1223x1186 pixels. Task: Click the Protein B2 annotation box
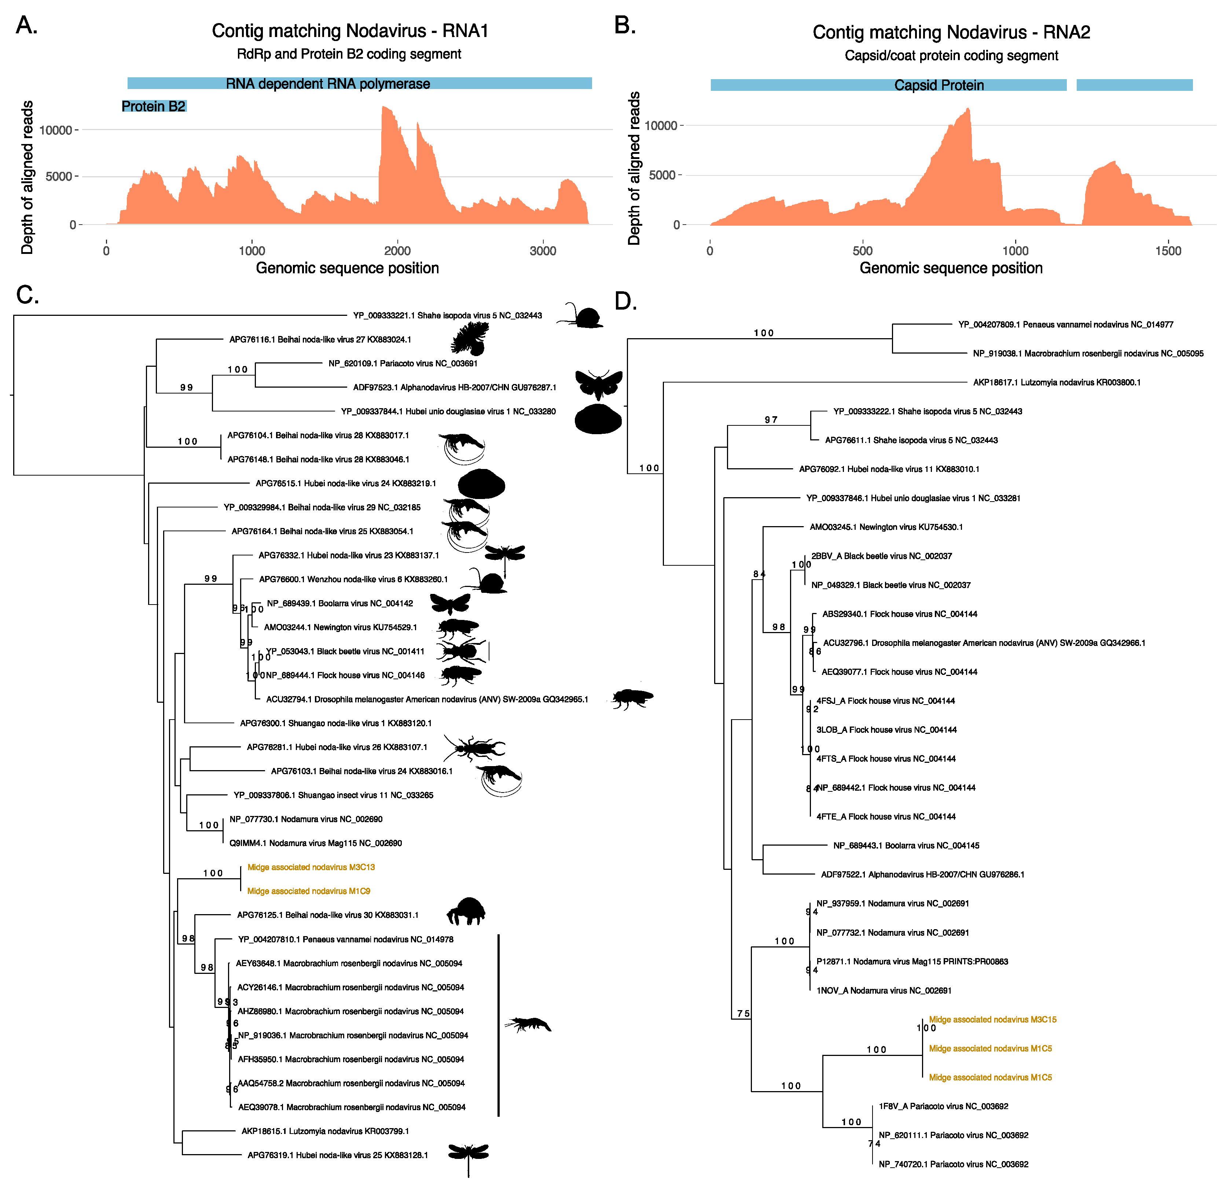[154, 107]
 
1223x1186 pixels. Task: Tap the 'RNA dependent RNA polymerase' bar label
[328, 84]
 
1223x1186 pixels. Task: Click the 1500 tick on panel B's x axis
[1168, 251]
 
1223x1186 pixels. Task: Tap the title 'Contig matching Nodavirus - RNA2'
[951, 32]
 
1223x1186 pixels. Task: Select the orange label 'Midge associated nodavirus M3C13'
[311, 867]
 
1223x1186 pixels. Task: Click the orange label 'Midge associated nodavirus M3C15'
[992, 1020]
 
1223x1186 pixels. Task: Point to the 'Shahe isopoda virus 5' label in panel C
[447, 315]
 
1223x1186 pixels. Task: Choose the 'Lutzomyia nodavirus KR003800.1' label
[1057, 382]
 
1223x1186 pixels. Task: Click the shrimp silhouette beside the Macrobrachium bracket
[529, 1024]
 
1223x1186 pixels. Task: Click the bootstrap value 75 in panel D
[743, 1013]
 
